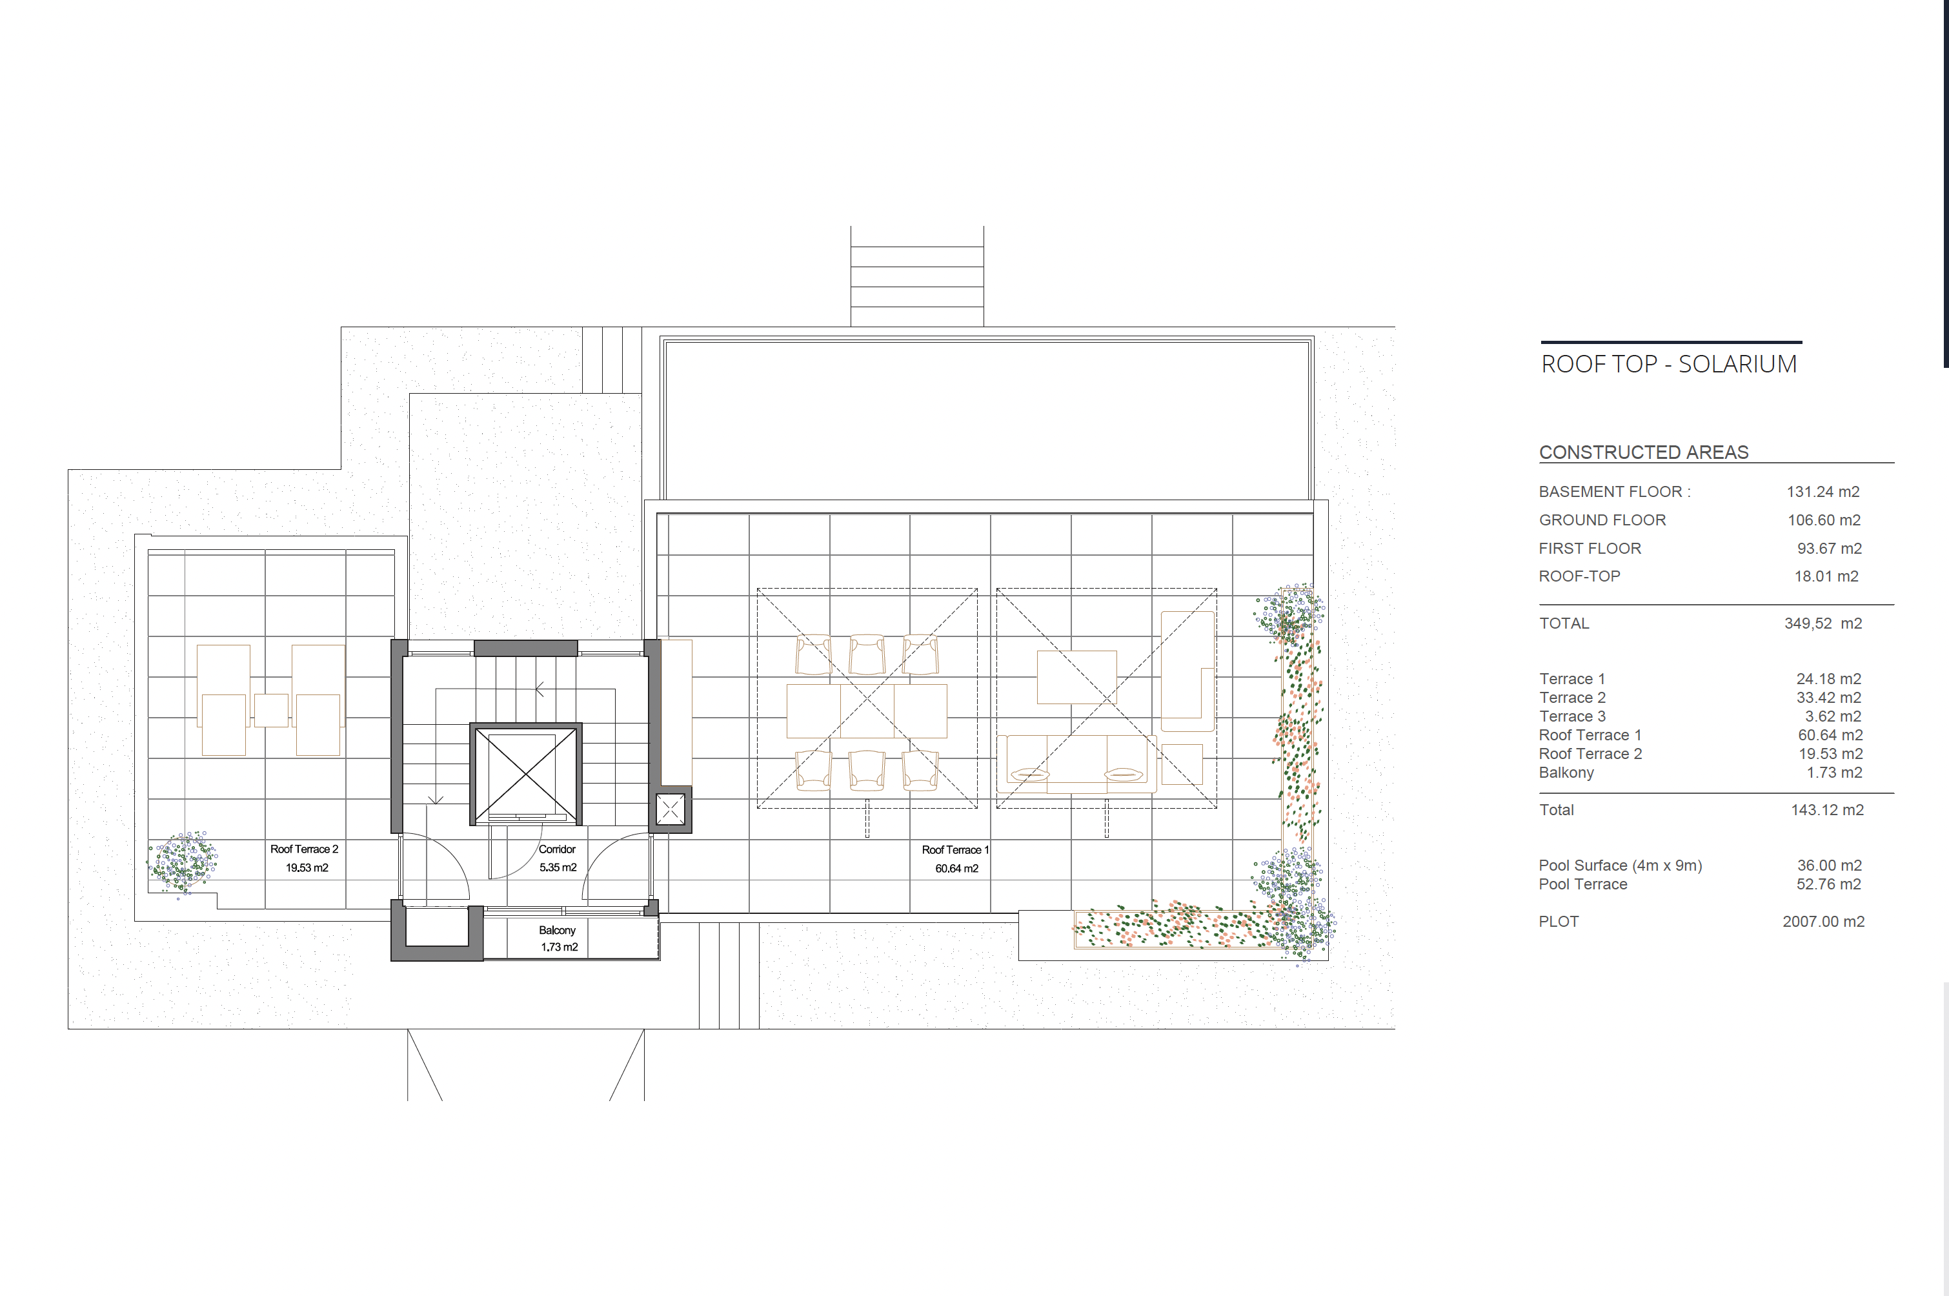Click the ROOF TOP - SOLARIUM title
pos(1669,365)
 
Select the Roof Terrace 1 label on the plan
pos(954,849)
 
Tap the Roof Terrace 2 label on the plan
pos(304,849)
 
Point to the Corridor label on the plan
pos(557,849)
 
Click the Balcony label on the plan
pos(557,930)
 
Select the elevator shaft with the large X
pos(526,775)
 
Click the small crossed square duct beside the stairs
pos(671,809)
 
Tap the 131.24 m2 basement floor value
pos(1823,492)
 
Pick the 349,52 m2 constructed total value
pos(1823,623)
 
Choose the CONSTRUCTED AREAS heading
pos(1643,452)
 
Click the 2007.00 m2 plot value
pos(1823,922)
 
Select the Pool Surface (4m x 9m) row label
pos(1620,866)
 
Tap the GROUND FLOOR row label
pos(1602,520)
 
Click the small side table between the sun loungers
pos(271,710)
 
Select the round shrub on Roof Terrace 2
pos(183,863)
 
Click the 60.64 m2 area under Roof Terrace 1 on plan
pos(956,869)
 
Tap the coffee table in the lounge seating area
pos(1077,677)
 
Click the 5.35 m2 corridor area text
pos(558,867)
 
